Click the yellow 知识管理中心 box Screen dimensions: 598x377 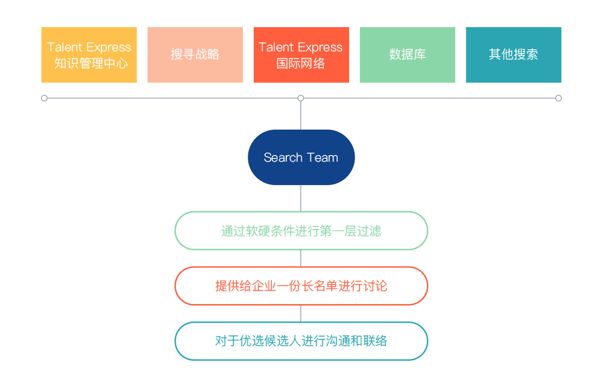point(89,55)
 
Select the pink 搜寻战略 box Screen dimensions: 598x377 point(195,55)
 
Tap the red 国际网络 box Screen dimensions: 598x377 point(301,55)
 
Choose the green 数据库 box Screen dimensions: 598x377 point(407,55)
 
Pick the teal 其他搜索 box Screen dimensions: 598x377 point(513,55)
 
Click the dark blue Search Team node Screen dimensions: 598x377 point(301,157)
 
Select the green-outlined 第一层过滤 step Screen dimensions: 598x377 point(301,231)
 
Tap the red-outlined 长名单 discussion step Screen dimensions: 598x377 point(301,286)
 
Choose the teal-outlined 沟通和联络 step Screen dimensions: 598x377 point(301,341)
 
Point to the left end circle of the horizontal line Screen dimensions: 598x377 point(44,98)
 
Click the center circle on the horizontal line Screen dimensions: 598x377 point(301,98)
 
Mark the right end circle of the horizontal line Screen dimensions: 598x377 point(558,98)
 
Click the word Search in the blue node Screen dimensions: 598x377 point(283,157)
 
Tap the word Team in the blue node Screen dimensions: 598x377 point(323,157)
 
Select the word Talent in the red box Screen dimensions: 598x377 point(276,47)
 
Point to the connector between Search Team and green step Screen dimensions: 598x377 point(301,198)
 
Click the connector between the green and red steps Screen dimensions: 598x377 point(301,259)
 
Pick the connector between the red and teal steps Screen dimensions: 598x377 point(301,314)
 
